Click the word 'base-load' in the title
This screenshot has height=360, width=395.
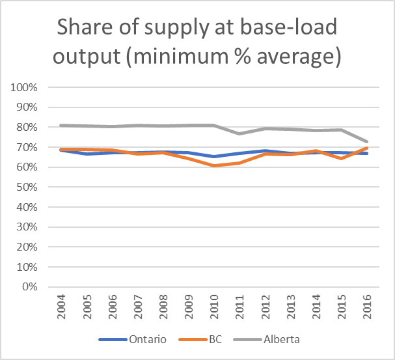tap(297, 29)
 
